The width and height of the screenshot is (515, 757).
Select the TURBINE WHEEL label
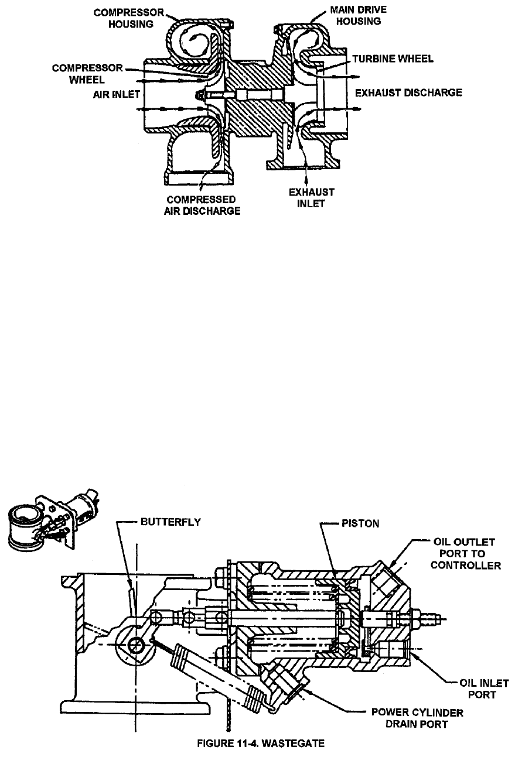[x=393, y=59]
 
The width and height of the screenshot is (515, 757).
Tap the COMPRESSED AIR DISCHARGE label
[x=202, y=205]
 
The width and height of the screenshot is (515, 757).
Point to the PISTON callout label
[x=359, y=524]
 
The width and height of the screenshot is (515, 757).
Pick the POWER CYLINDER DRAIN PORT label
[x=417, y=718]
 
